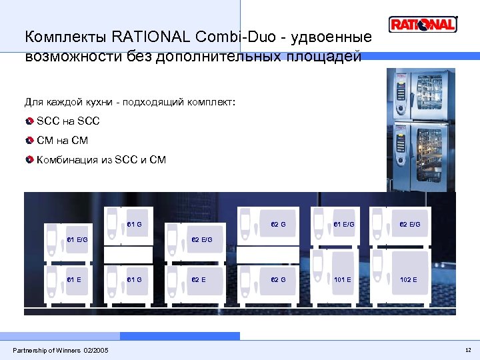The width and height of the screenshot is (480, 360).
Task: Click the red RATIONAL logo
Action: [423, 25]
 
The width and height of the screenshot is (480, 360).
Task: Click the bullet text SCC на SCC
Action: [68, 122]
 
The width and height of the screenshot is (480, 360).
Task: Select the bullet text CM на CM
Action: [62, 141]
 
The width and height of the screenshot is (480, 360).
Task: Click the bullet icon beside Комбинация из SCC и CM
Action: [30, 160]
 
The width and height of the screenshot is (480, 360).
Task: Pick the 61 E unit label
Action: [74, 279]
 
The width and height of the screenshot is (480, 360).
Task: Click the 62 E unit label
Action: [199, 279]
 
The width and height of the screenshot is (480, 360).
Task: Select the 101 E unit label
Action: [343, 279]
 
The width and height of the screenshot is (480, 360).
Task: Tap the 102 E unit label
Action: [408, 279]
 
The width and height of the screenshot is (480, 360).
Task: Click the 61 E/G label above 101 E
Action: [344, 225]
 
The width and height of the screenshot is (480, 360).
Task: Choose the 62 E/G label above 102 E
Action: [410, 225]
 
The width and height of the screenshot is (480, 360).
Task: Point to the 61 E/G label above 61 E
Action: [77, 239]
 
